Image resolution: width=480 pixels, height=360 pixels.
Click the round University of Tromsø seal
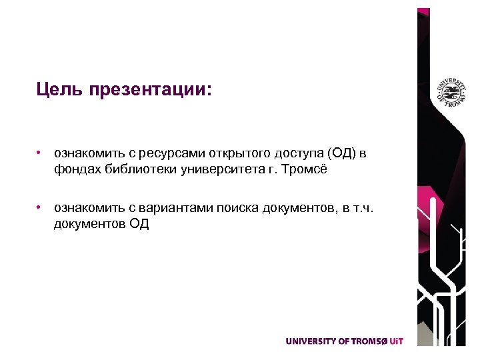pos(450,93)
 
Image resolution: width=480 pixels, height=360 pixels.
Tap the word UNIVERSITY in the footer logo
pos(311,341)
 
